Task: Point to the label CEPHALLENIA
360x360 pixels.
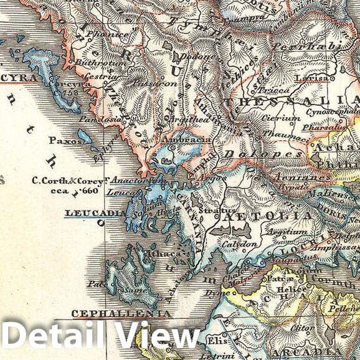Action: click(x=121, y=313)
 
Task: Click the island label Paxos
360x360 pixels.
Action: click(x=63, y=141)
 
